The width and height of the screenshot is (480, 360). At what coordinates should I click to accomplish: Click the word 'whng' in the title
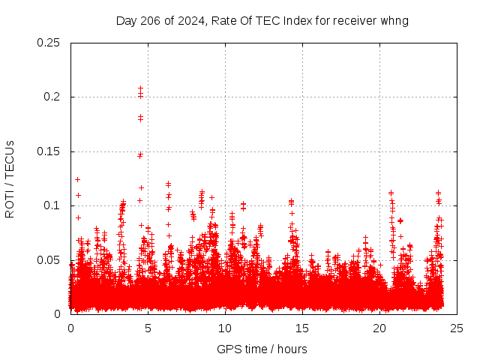394,21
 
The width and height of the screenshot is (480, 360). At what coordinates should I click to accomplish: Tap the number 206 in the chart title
147,21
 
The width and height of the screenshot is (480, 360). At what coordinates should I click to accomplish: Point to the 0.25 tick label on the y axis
49,43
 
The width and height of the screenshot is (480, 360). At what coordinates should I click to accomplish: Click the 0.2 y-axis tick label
52,97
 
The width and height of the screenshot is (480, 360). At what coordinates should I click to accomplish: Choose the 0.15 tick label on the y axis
49,151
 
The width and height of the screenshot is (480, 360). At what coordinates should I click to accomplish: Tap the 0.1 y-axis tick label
52,205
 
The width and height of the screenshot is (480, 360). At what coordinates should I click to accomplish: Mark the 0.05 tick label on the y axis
49,259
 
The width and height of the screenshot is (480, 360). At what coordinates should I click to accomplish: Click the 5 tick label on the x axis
148,328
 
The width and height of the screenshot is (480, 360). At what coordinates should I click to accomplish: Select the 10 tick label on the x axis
225,328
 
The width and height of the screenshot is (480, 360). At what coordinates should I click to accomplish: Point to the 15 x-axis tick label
302,328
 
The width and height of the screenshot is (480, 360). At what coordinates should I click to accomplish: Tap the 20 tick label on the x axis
379,328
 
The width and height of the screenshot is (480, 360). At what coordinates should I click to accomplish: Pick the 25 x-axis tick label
457,328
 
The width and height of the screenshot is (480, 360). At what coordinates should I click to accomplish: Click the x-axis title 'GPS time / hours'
262,349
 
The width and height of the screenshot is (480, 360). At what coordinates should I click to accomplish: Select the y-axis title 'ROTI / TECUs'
10,179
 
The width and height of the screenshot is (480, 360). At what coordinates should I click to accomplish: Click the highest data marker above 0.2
140,88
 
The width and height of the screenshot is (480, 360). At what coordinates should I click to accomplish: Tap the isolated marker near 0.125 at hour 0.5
77,179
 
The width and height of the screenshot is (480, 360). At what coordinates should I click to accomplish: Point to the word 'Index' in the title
295,21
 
